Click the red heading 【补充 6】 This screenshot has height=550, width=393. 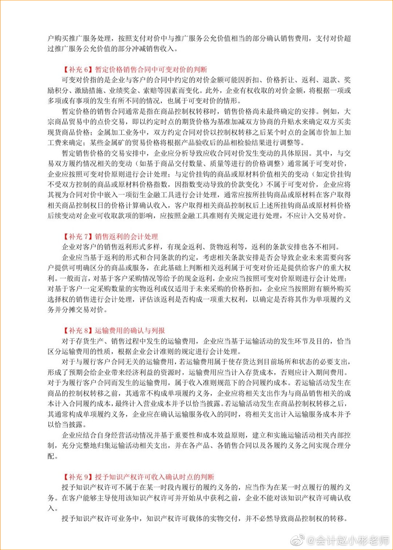click(x=77, y=70)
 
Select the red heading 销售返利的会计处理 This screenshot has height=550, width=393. click(x=126, y=237)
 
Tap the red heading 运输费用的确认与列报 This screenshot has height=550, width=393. click(x=130, y=331)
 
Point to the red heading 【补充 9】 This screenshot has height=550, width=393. click(x=77, y=477)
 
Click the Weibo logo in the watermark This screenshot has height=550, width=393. click(x=299, y=540)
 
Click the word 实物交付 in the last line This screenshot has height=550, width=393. click(x=223, y=518)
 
